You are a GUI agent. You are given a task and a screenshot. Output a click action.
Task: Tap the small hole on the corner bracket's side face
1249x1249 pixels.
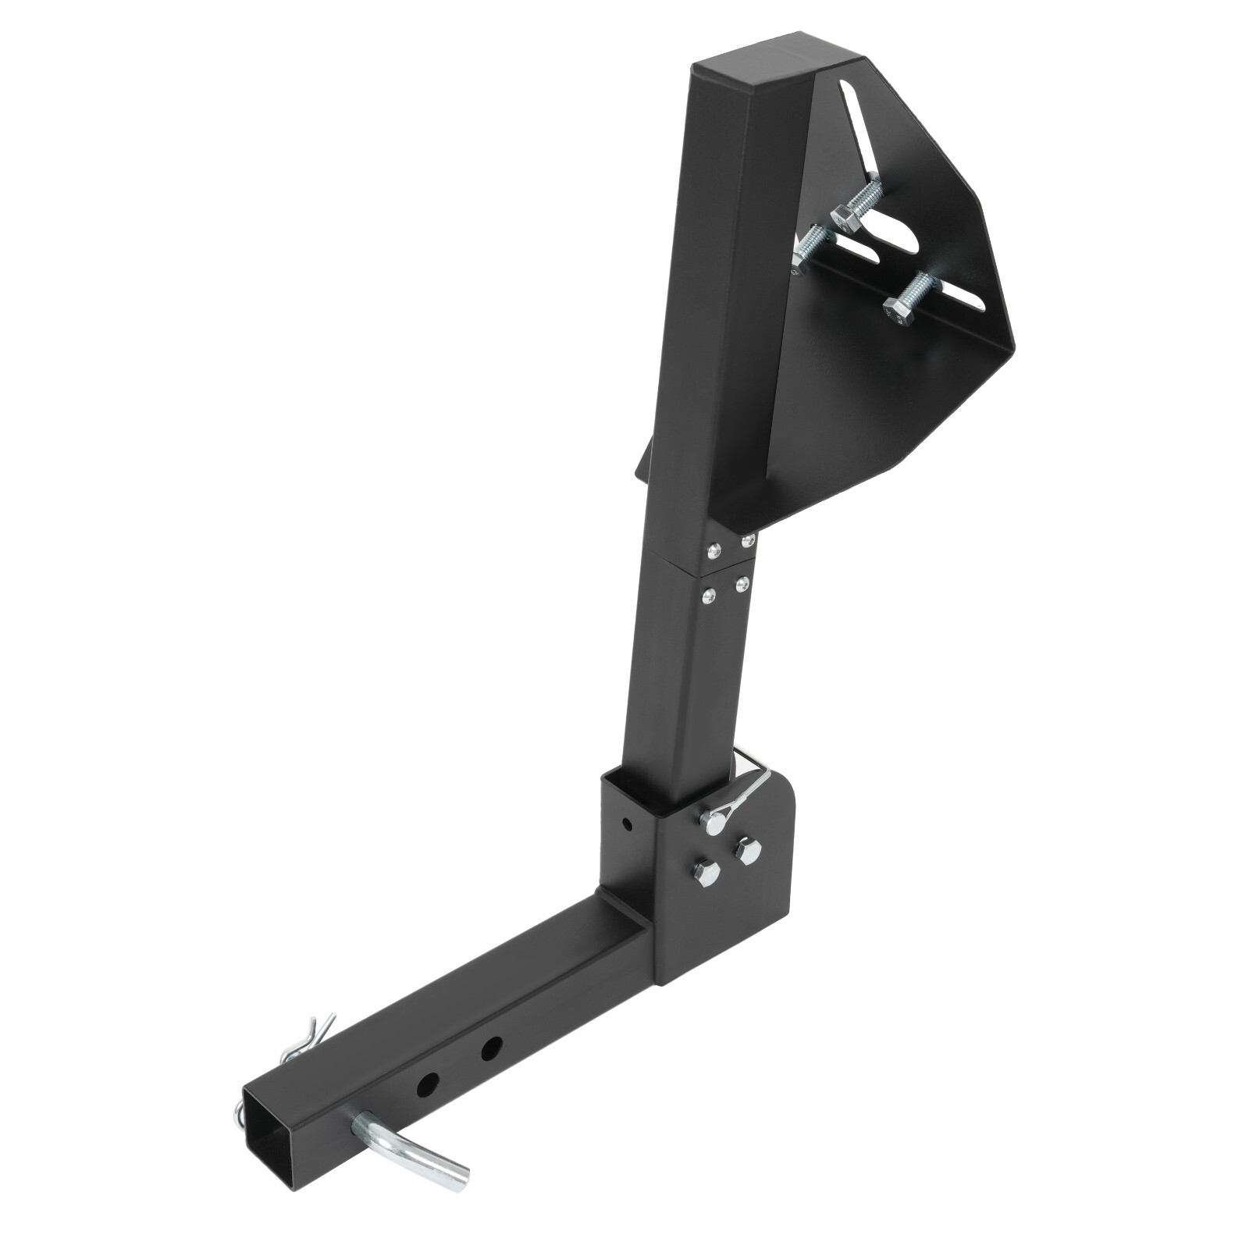(x=626, y=822)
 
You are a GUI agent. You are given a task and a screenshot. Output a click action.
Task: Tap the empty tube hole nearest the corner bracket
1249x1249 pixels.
(x=491, y=1048)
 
